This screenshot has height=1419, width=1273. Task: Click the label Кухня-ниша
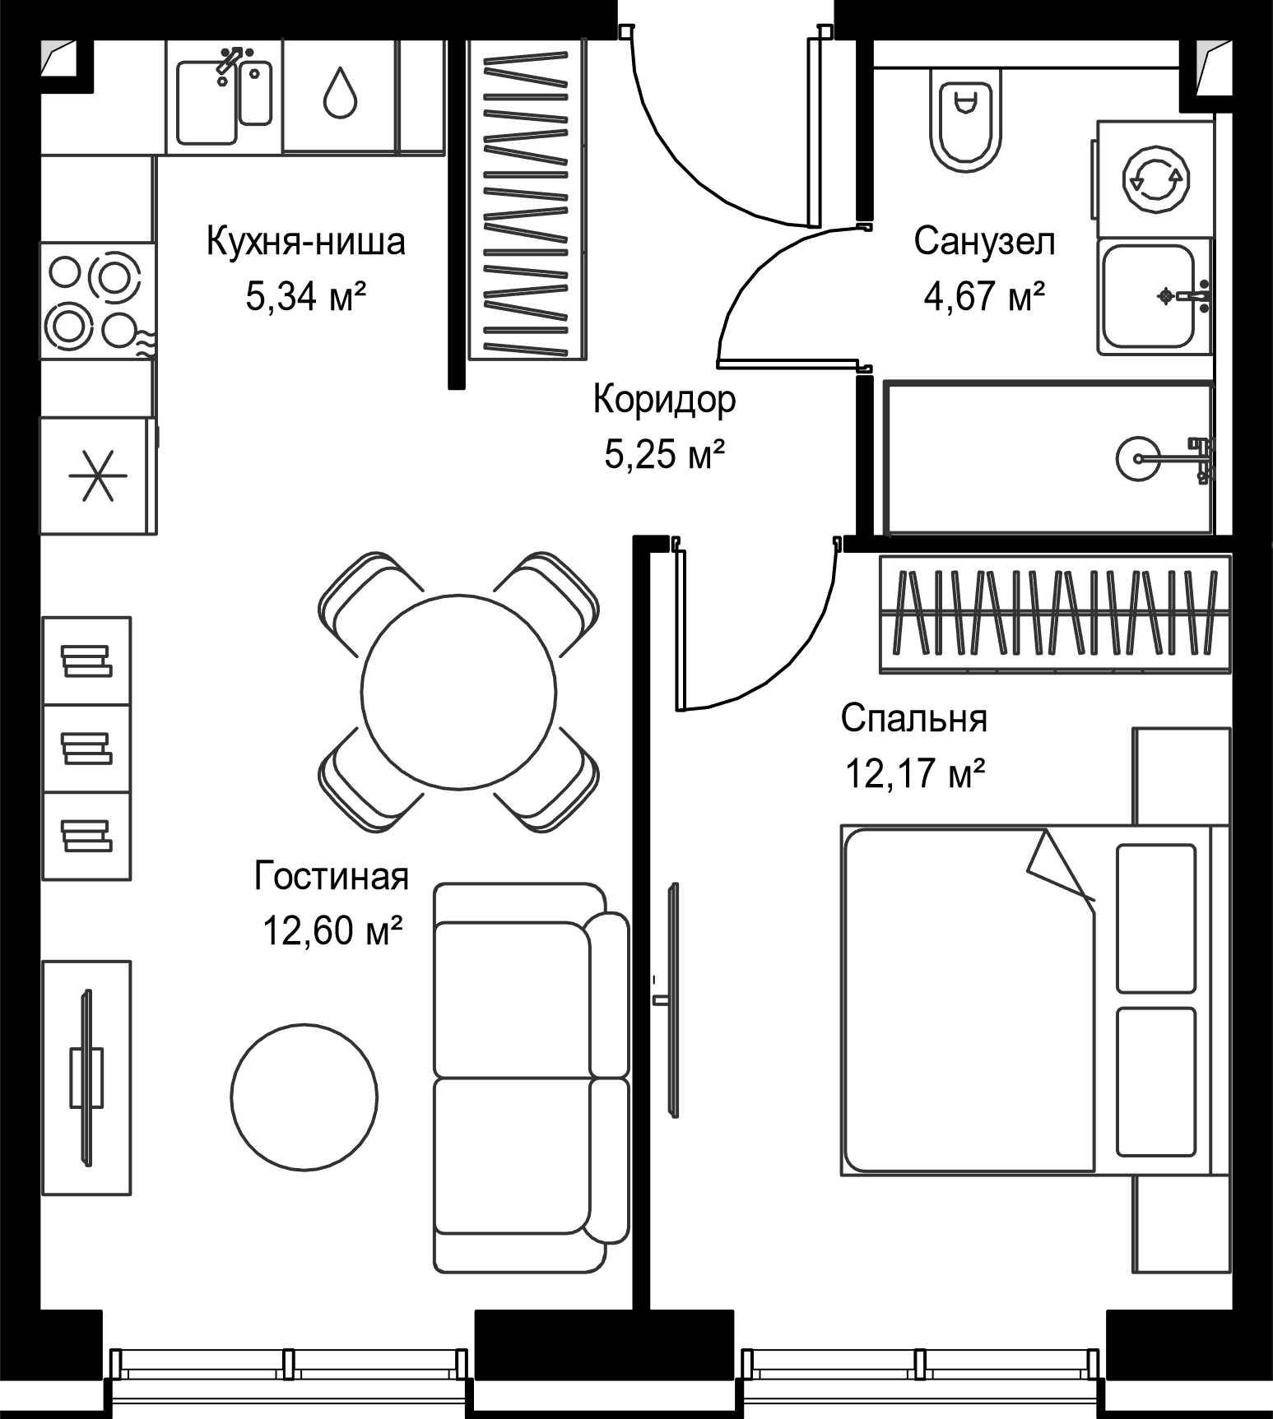pos(305,242)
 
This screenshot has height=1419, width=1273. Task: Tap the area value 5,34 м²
pos(305,296)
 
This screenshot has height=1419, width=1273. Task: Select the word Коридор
pos(665,400)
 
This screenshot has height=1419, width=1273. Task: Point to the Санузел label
pos(984,242)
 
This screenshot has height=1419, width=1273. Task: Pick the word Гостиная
pos(332,876)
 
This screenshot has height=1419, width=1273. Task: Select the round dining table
pos(458,692)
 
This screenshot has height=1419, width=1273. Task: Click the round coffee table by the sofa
pos(304,1097)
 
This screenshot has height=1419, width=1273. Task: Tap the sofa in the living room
pos(531,1078)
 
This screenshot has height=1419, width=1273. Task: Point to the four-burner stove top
pos(97,300)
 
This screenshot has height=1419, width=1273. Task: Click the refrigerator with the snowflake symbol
pos(98,475)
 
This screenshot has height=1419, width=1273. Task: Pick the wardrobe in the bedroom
pos(1055,614)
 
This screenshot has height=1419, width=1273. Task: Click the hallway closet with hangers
pos(527,201)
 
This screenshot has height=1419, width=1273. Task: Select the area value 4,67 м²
pos(984,296)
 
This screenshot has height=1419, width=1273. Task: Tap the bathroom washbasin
pos(1154,297)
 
